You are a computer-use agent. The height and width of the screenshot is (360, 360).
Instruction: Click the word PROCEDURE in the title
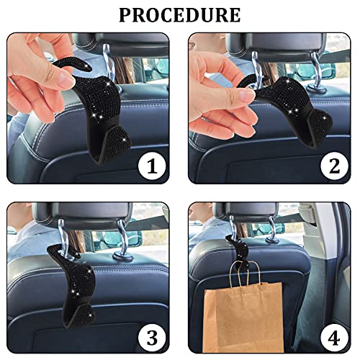pyautogui.click(x=180, y=14)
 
